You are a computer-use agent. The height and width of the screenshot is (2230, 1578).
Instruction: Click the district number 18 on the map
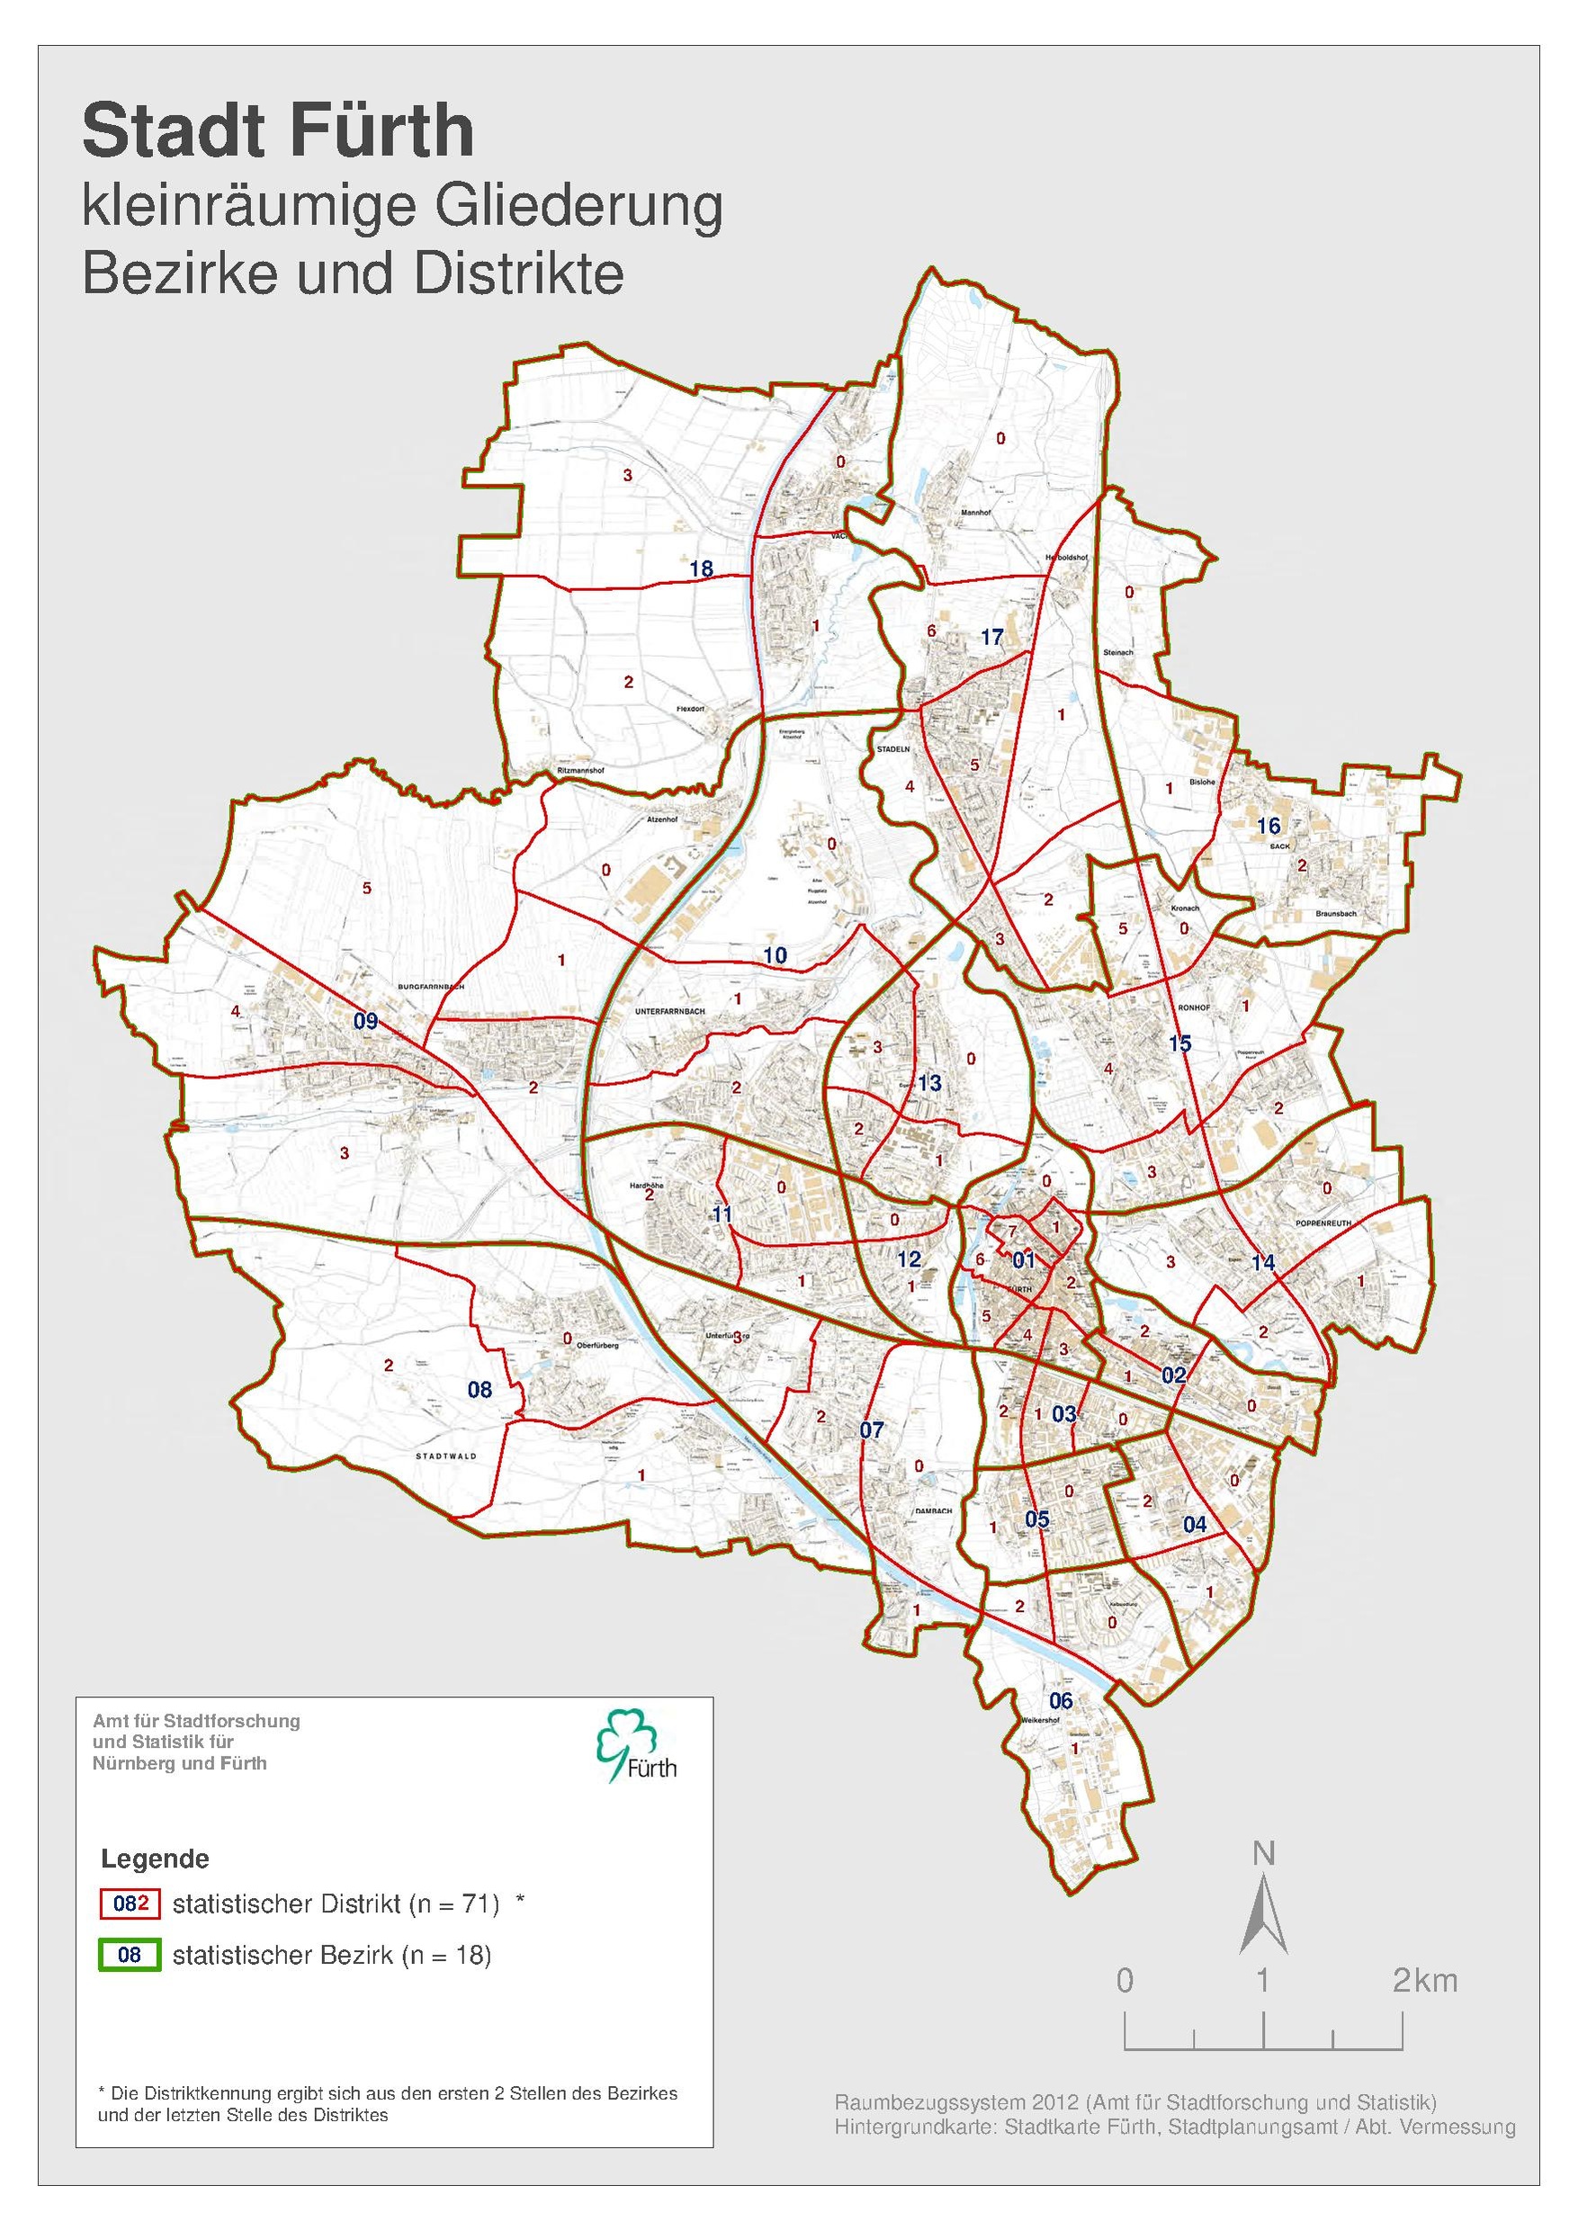tap(701, 569)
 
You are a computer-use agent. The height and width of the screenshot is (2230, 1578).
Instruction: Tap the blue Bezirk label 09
tap(365, 1020)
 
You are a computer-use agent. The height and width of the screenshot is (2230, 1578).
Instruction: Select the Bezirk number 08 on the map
tap(480, 1390)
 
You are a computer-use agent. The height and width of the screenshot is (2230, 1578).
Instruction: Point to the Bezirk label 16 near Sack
tap(1268, 826)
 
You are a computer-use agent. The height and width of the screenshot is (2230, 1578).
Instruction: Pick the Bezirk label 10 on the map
tap(775, 955)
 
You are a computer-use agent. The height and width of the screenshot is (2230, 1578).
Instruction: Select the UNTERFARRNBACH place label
tap(668, 1011)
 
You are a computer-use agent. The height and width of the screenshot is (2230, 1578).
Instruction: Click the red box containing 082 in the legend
tap(130, 1903)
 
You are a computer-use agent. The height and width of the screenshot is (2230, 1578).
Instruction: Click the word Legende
tap(155, 1858)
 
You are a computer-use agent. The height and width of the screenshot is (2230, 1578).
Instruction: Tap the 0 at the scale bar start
tap(1125, 1980)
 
